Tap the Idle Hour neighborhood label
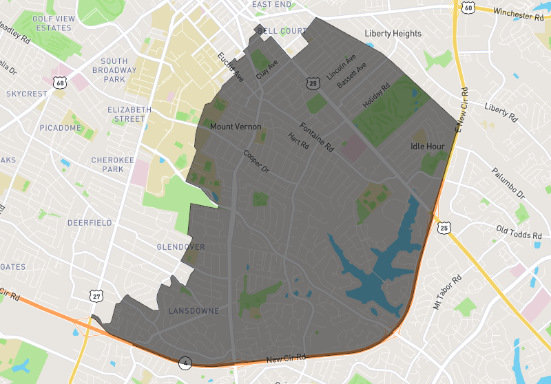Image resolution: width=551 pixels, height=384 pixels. click(427, 147)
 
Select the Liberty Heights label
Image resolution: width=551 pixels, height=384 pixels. click(393, 34)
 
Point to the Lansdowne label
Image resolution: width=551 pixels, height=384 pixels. click(194, 311)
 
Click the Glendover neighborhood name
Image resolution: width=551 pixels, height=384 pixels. click(180, 247)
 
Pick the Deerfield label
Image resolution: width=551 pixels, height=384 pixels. click(90, 223)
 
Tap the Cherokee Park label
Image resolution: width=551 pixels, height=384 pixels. click(107, 164)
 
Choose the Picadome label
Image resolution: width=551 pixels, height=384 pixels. click(61, 128)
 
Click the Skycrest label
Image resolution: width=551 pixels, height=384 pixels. click(27, 94)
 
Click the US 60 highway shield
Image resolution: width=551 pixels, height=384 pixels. click(468, 8)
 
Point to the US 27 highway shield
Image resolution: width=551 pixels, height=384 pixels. click(95, 295)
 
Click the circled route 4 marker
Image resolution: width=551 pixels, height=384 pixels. click(185, 362)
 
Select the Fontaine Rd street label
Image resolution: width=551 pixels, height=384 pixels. click(316, 137)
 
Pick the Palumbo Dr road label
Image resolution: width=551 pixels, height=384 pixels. click(508, 186)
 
